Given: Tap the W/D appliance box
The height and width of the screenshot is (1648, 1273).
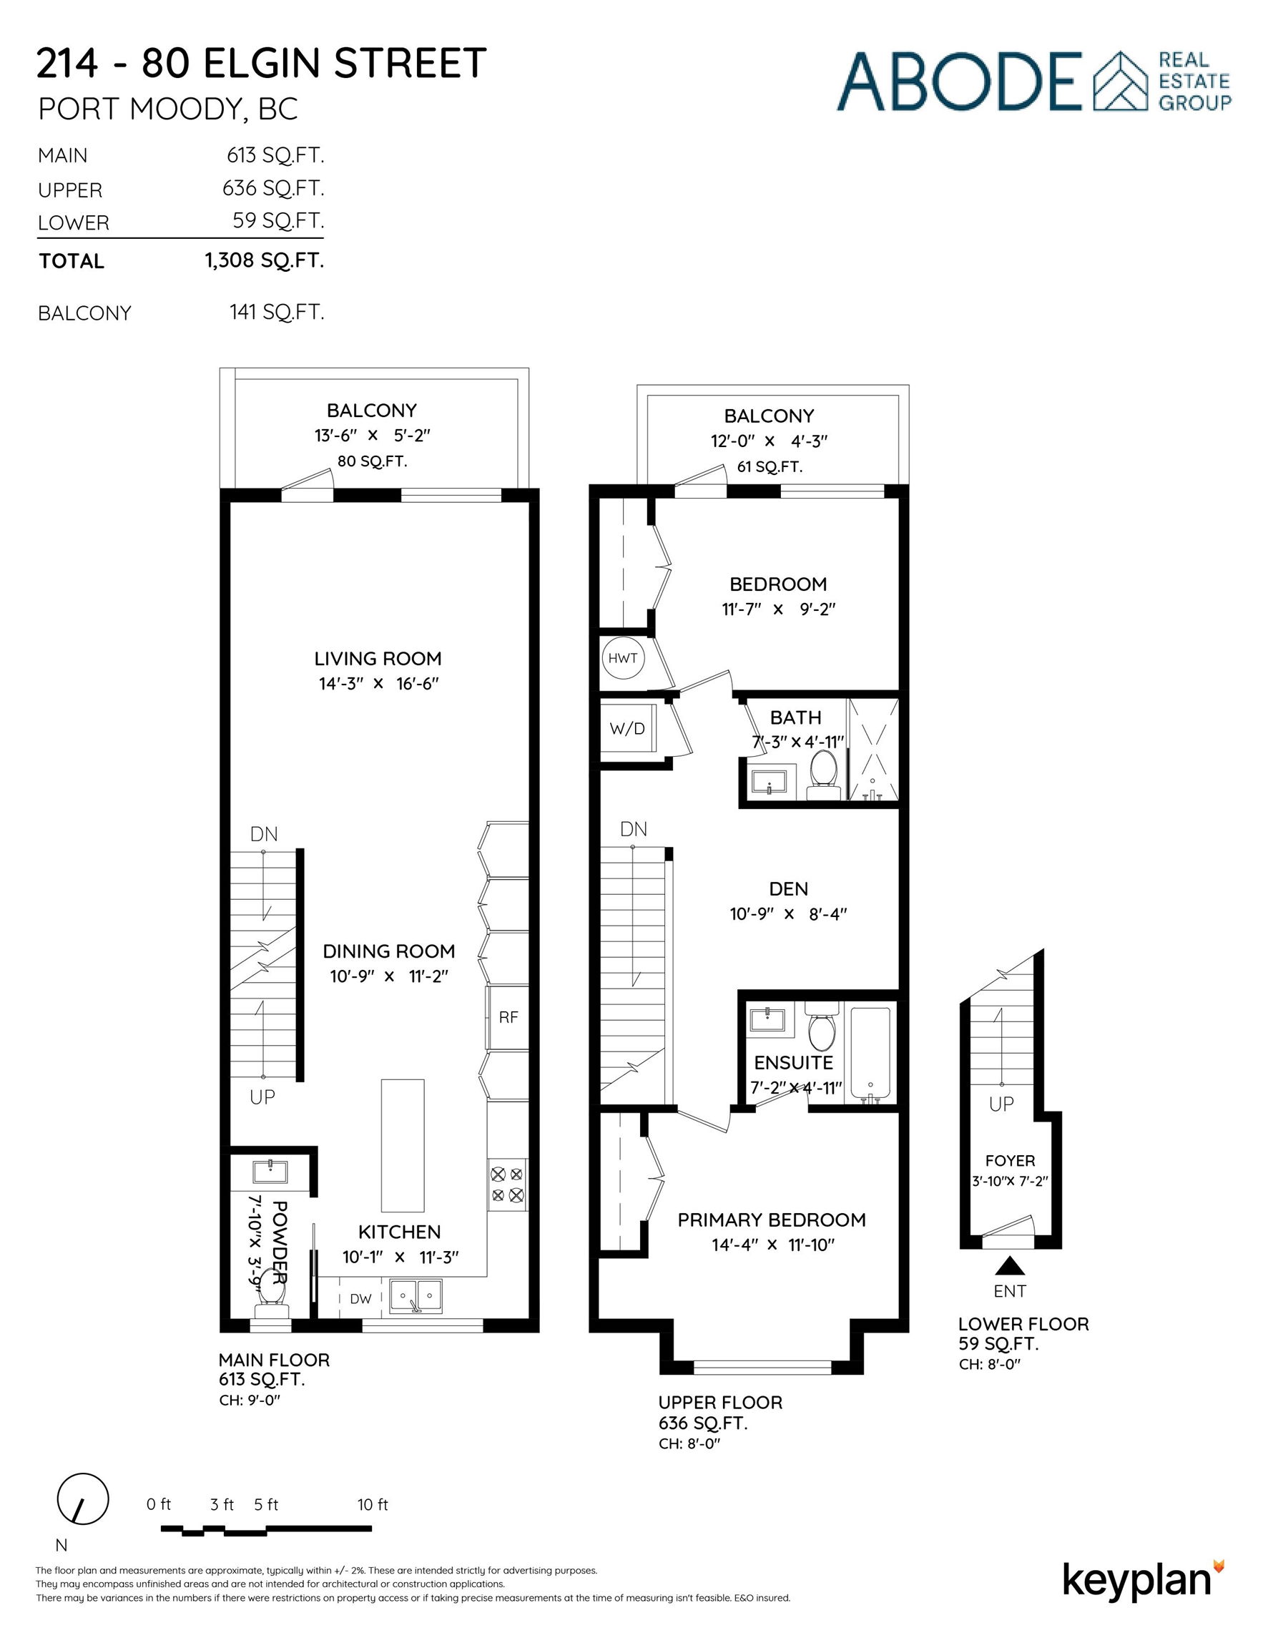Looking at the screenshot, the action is (x=628, y=730).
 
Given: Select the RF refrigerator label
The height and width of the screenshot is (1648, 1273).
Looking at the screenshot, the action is (x=508, y=1017).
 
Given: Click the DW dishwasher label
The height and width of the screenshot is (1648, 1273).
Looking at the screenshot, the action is (x=360, y=1299).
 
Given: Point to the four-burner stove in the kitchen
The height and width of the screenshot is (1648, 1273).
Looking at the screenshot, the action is (x=507, y=1184).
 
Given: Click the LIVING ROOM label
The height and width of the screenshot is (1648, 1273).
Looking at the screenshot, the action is (x=378, y=659).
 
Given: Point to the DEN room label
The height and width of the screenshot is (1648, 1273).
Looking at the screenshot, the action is (x=789, y=889).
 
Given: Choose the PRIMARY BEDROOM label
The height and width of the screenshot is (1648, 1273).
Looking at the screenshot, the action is (x=771, y=1220).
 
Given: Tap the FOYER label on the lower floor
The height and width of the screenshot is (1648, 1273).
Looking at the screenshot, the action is (x=1011, y=1161).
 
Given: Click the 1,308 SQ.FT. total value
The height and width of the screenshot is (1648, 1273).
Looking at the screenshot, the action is (x=264, y=261).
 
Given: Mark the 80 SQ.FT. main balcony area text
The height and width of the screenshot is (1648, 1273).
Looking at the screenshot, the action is (x=372, y=461).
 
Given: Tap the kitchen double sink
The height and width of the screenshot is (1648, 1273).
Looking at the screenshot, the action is (x=416, y=1298).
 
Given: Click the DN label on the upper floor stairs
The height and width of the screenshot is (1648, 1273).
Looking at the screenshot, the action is (x=634, y=830).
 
